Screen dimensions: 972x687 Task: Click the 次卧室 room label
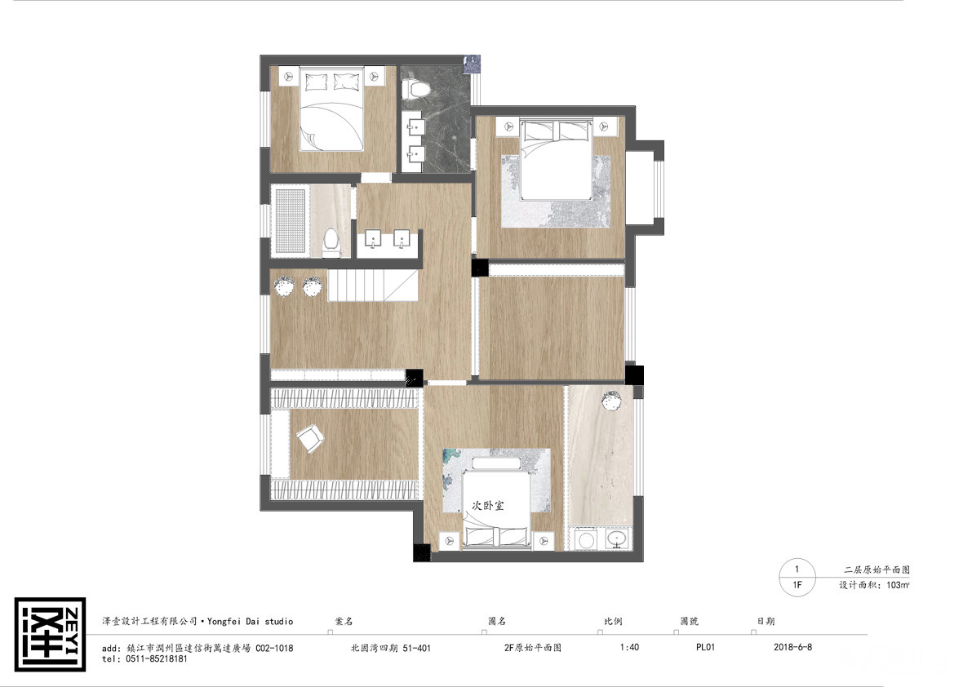coord(488,506)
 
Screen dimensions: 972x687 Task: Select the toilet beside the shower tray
coord(331,242)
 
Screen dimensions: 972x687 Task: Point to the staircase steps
coord(372,285)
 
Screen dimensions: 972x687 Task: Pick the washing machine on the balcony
coord(584,539)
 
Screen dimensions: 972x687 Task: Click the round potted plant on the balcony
coord(611,400)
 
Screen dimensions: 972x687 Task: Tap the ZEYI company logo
coord(50,634)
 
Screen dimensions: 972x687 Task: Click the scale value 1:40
coord(629,647)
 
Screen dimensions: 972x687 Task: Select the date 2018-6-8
coord(792,647)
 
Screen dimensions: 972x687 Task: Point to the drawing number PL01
coord(705,647)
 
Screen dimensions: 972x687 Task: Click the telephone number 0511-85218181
coord(156,659)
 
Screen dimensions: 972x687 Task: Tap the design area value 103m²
coord(899,585)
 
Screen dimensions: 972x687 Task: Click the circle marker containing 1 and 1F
coord(797,578)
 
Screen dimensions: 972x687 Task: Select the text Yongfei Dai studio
coord(250,622)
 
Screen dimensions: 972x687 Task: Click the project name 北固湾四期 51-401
coord(391,648)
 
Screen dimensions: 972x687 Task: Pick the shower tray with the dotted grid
coord(290,220)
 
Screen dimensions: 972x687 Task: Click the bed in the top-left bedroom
coord(331,109)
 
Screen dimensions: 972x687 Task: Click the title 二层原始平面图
coord(877,570)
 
